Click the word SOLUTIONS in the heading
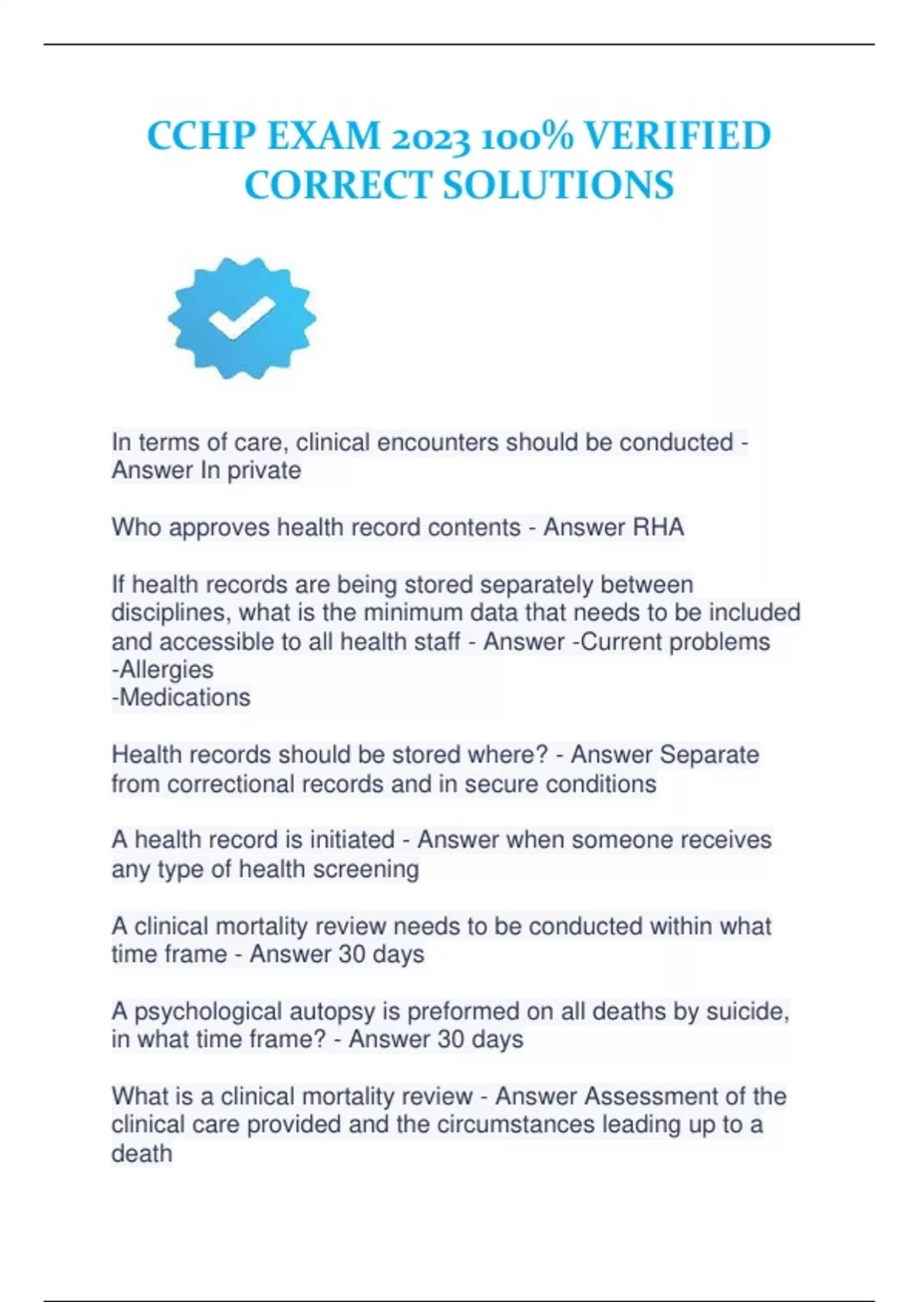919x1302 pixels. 558,185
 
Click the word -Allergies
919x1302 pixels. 162,669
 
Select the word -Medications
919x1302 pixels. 182,697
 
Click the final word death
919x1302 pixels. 142,1153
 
